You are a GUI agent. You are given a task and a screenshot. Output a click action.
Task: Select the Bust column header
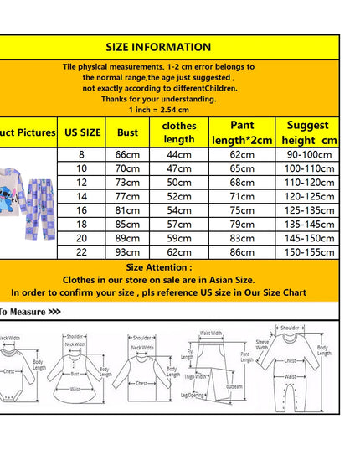pos(128,132)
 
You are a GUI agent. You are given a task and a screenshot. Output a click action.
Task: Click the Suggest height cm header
pos(308,132)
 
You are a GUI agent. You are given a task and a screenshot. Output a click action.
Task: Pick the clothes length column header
pos(178,132)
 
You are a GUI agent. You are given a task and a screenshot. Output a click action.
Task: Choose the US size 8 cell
pos(82,155)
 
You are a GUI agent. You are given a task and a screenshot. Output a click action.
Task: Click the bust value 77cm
pos(128,195)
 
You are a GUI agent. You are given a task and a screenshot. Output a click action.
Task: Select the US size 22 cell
pos(82,251)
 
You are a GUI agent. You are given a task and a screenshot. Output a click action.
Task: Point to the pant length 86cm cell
pos(243,251)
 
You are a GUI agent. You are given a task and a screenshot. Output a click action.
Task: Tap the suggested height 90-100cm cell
pos(308,155)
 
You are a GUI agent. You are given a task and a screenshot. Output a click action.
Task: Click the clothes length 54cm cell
pos(178,210)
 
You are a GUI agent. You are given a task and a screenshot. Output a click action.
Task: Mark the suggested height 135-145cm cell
pos(308,224)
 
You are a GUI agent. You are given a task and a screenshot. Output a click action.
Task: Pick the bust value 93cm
pos(128,251)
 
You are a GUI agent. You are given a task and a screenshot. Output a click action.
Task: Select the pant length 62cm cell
pos(243,155)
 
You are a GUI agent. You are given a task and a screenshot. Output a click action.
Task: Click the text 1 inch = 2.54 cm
pos(159,110)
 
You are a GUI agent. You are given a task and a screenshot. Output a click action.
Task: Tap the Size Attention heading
pos(159,266)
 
